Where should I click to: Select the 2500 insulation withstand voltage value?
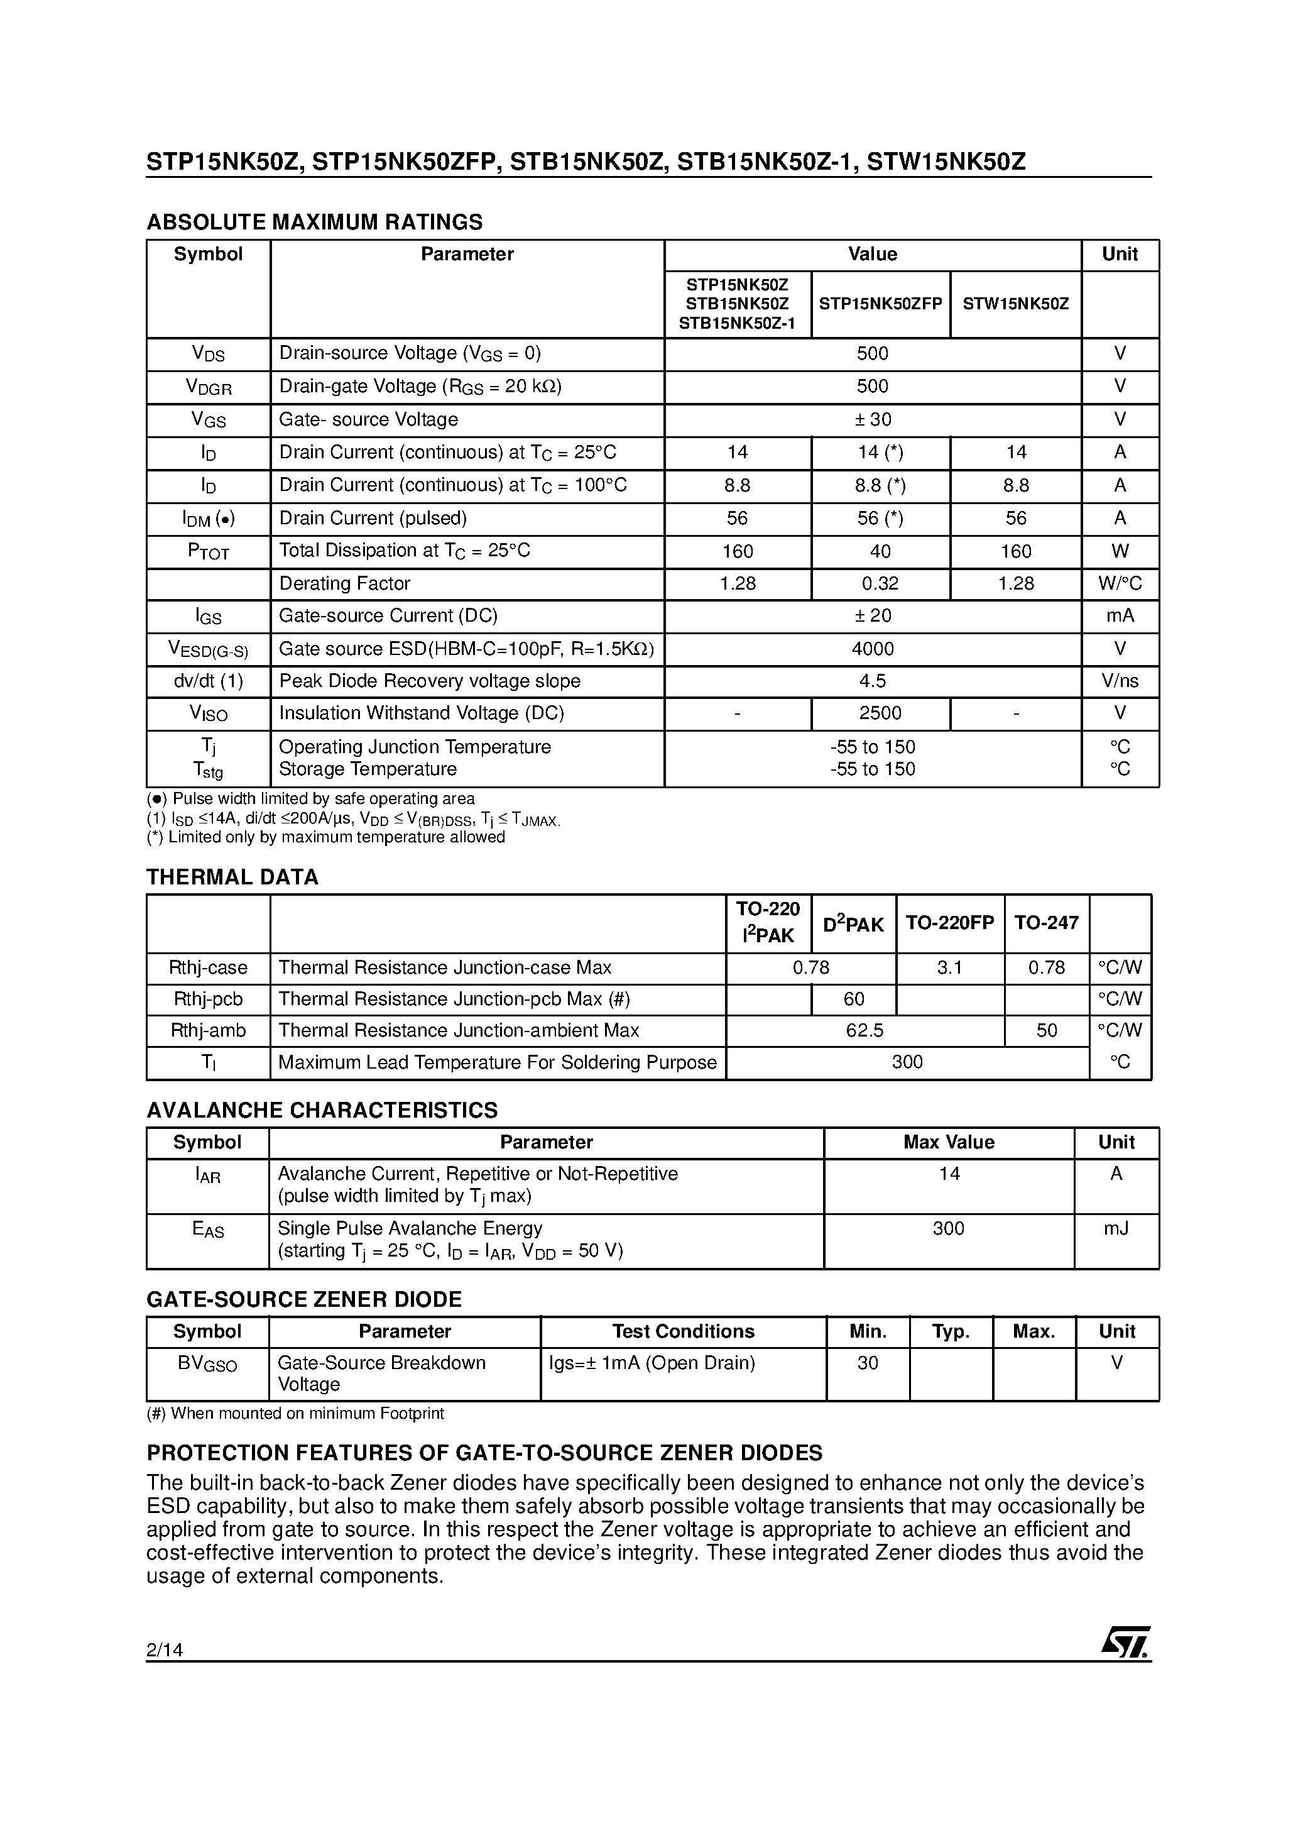pyautogui.click(x=880, y=713)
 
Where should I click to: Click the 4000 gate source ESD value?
pyautogui.click(x=872, y=649)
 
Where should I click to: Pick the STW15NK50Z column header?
pyautogui.click(x=1015, y=304)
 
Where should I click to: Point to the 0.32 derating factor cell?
pyautogui.click(x=880, y=583)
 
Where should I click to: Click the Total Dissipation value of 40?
pyautogui.click(x=880, y=551)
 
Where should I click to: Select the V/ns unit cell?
pyautogui.click(x=1119, y=681)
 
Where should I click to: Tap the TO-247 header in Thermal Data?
pyautogui.click(x=1046, y=923)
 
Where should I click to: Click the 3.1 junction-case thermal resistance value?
pyautogui.click(x=949, y=968)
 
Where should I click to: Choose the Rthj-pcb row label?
pyautogui.click(x=208, y=999)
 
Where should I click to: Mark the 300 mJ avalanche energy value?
pyautogui.click(x=948, y=1228)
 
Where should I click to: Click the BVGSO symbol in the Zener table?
pyautogui.click(x=207, y=1363)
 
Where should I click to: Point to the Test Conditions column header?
pyautogui.click(x=682, y=1331)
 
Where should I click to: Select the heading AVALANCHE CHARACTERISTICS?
pyautogui.click(x=322, y=1110)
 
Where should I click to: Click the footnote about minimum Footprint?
pyautogui.click(x=295, y=1413)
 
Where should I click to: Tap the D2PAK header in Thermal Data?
pyautogui.click(x=853, y=924)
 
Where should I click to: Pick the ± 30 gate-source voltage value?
pyautogui.click(x=872, y=419)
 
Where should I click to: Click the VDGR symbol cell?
pyautogui.click(x=208, y=387)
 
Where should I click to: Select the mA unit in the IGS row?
pyautogui.click(x=1119, y=615)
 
